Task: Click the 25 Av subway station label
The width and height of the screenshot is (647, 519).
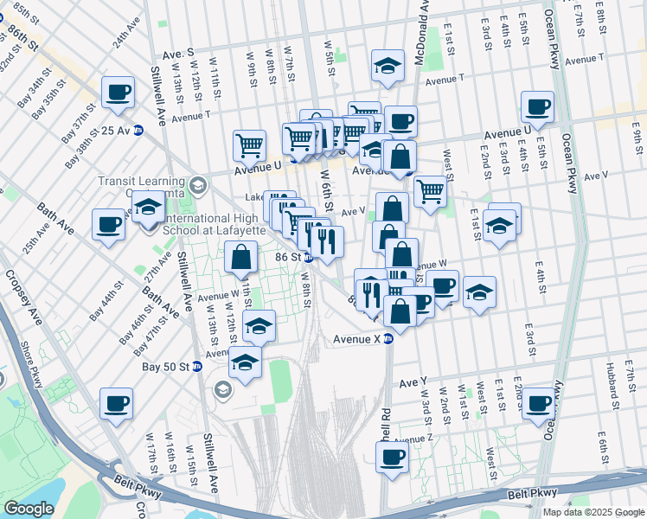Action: click(x=120, y=131)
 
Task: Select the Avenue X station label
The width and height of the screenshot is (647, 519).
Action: click(x=357, y=339)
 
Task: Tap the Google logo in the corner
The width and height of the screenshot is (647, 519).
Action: click(x=28, y=509)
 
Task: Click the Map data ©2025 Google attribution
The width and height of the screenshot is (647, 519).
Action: click(x=593, y=512)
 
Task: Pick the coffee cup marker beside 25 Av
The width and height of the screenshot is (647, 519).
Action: click(x=118, y=93)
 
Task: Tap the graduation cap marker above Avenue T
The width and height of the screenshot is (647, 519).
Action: click(x=388, y=65)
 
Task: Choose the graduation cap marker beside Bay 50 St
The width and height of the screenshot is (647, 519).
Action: click(x=246, y=362)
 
